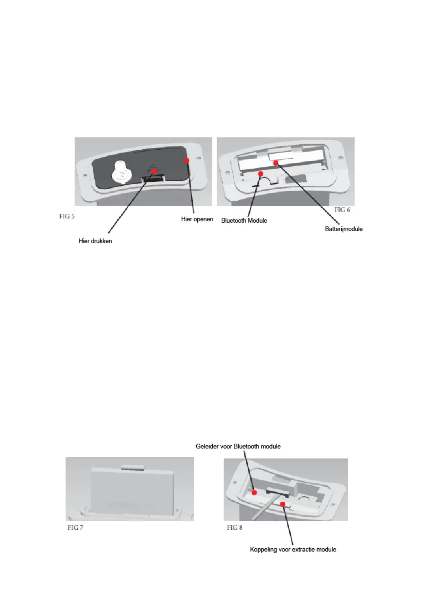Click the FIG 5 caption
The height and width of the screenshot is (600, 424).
[67, 216]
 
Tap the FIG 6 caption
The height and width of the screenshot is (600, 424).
[342, 210]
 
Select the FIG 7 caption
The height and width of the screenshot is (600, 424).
[75, 527]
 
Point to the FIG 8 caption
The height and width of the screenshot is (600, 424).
[234, 527]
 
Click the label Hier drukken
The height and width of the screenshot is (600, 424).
[95, 241]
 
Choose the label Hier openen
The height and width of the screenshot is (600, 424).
[197, 219]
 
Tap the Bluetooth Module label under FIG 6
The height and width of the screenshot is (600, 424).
[244, 221]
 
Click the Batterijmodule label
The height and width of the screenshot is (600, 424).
[343, 229]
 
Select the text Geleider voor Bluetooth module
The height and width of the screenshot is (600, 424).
[238, 446]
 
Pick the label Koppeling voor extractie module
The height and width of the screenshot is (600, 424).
[293, 549]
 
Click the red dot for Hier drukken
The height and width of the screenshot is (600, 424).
[154, 171]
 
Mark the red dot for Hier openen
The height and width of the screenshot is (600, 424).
[187, 161]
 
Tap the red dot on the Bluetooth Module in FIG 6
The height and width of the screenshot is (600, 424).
[260, 174]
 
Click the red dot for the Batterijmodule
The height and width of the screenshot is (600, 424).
[276, 163]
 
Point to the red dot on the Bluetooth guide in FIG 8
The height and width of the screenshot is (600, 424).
[254, 492]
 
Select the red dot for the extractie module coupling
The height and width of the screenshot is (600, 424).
[283, 504]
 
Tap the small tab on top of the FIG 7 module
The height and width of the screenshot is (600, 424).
[132, 467]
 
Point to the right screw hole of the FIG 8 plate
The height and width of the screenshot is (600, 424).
[335, 504]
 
